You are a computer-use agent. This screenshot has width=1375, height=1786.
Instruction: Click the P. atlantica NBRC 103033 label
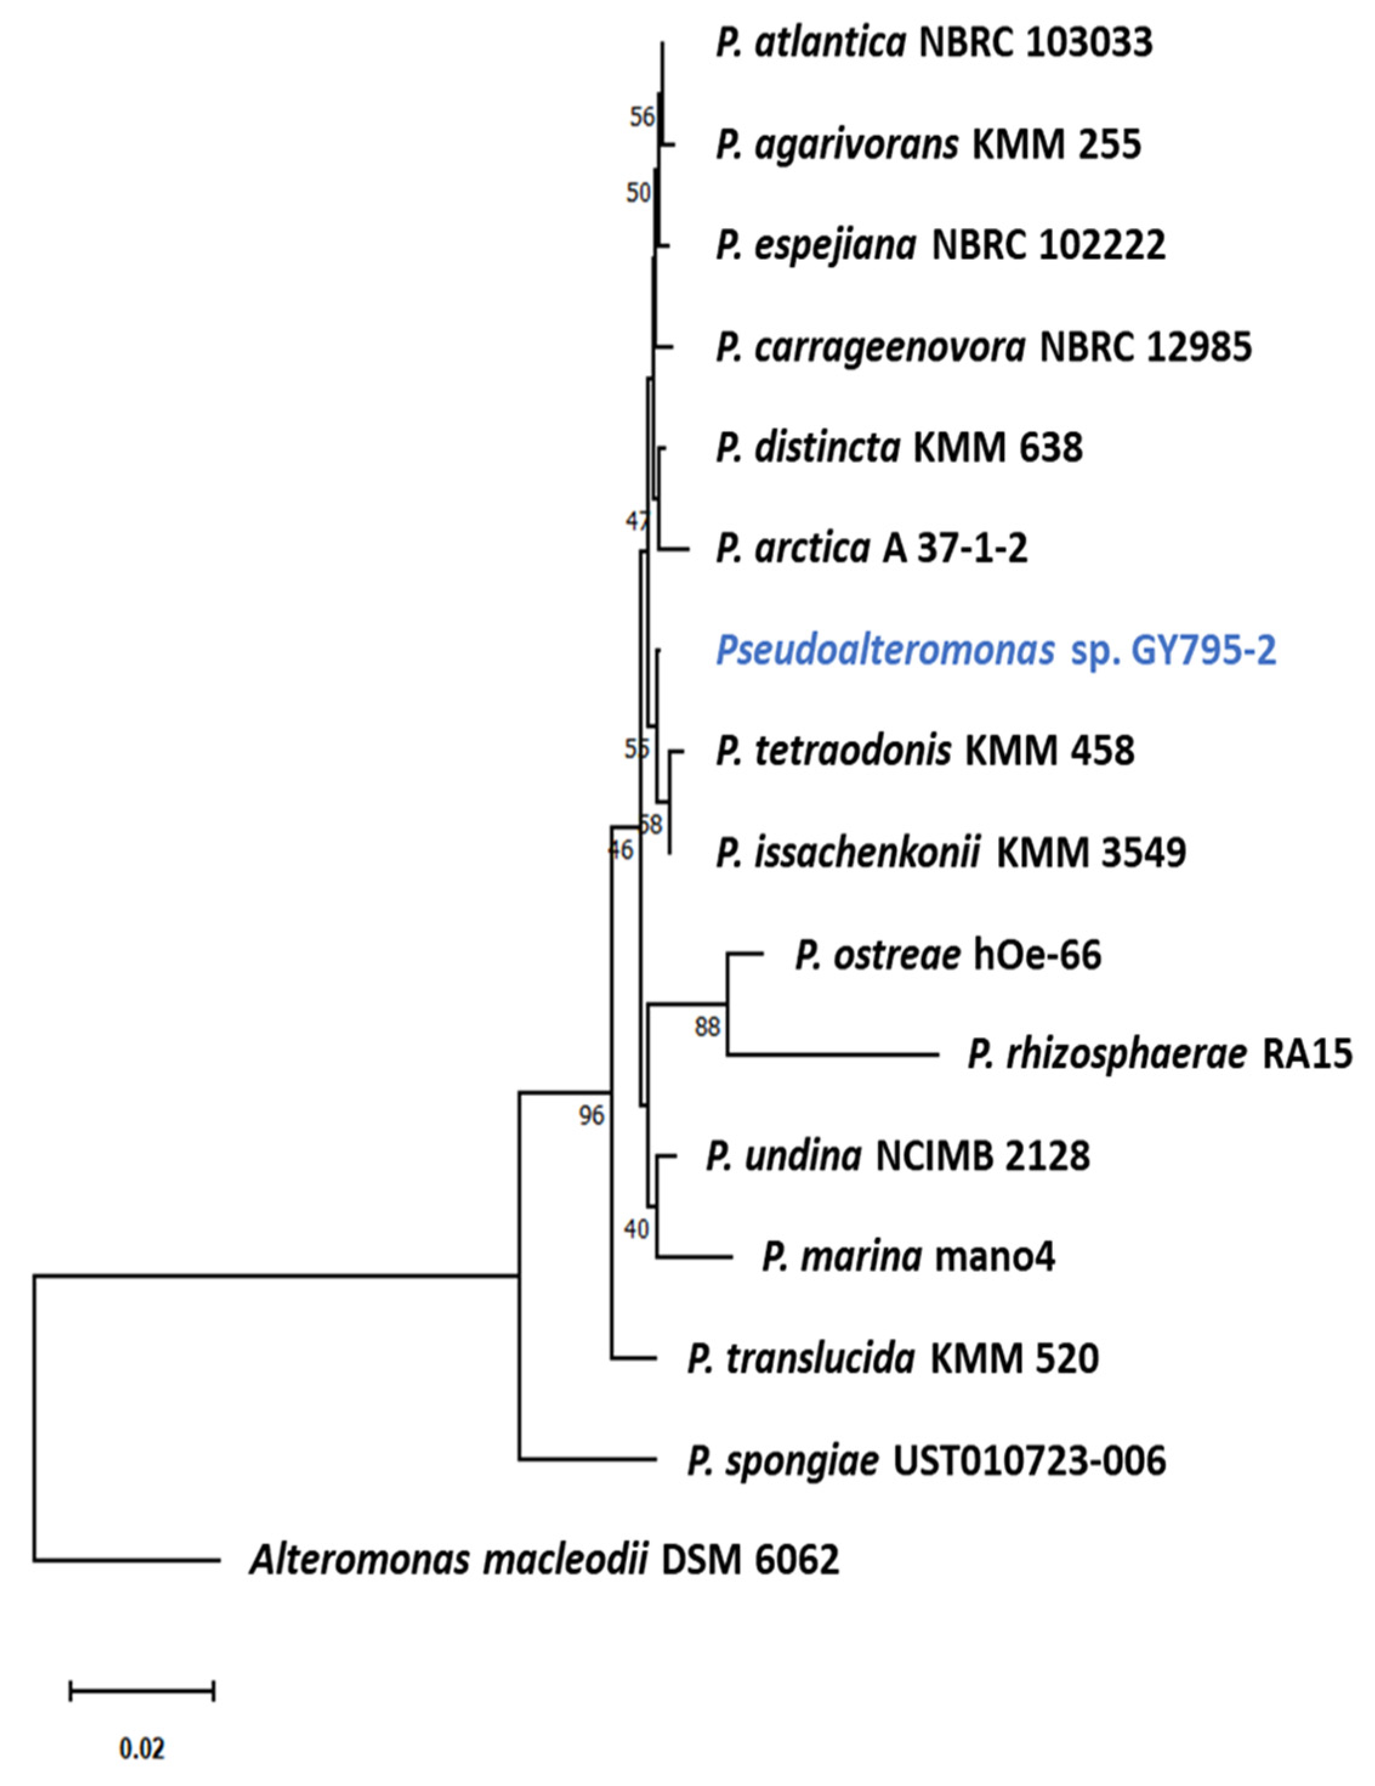pos(934,43)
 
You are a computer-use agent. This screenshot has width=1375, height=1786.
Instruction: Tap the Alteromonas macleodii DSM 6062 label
pos(544,1560)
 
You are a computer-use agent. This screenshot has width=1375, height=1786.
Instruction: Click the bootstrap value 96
pos(591,1115)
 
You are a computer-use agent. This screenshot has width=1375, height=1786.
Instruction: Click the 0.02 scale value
pos(141,1748)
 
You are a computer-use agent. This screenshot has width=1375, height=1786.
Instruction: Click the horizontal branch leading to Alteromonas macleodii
pos(127,1560)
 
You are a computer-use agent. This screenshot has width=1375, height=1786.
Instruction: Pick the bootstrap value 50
pos(638,193)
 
